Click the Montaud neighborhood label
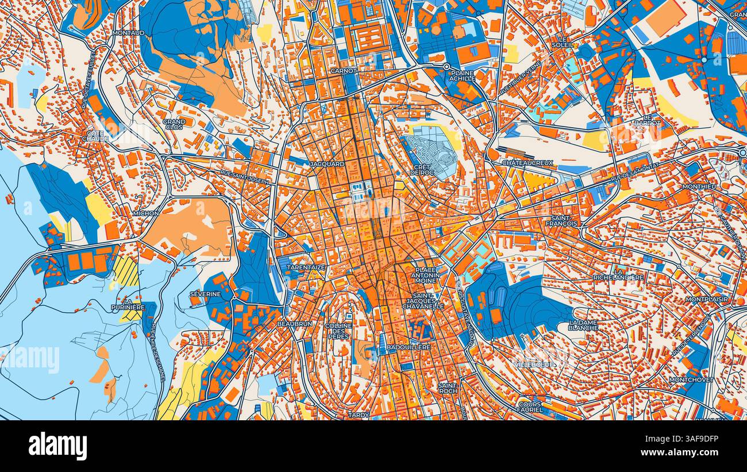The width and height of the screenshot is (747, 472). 128,33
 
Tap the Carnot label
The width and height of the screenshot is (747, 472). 343,71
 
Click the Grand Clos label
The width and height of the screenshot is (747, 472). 174,124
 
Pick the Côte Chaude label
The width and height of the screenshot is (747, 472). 95,135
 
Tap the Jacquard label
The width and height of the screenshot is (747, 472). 326,164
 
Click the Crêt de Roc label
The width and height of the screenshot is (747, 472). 422,171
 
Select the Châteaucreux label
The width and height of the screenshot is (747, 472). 527,163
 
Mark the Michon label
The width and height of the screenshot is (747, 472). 145,213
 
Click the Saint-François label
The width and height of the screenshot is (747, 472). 565,221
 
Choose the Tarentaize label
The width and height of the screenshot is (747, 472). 306,267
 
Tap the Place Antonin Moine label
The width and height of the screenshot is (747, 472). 425,275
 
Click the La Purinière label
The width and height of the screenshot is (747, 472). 128,304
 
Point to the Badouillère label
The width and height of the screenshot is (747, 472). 409,347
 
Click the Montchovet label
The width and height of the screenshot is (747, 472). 691,379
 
